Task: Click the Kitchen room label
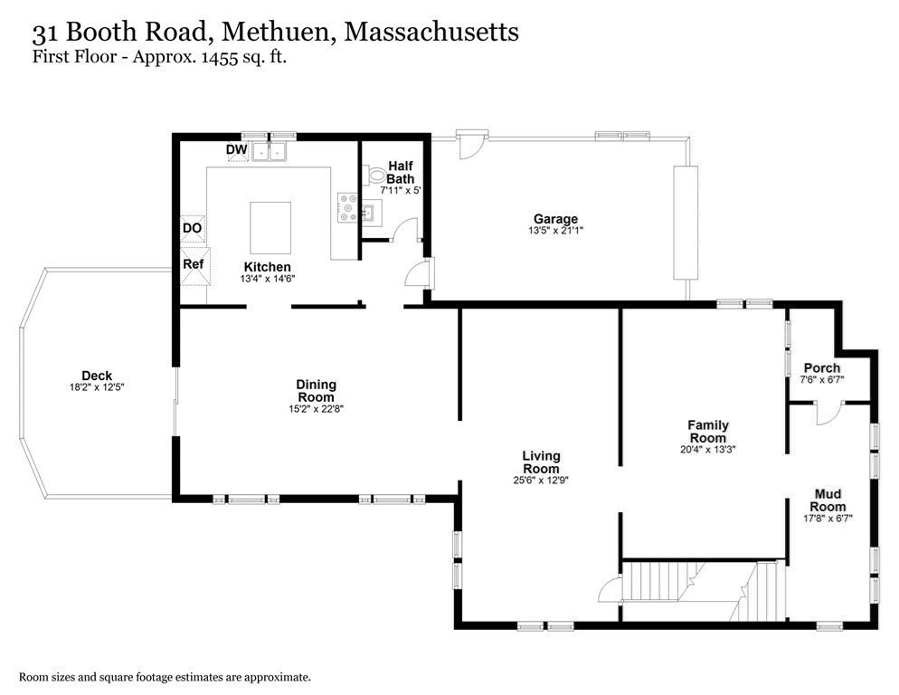(x=267, y=266)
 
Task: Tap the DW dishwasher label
(x=237, y=149)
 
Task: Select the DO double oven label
(x=192, y=228)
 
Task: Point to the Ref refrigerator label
(x=193, y=264)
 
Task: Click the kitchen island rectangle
(x=270, y=228)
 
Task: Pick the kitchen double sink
(x=269, y=151)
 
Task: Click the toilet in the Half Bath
(x=375, y=176)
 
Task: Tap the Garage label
(x=555, y=219)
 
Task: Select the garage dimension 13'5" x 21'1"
(x=555, y=231)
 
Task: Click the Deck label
(x=97, y=376)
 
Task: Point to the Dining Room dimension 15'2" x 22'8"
(x=315, y=409)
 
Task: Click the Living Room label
(x=541, y=462)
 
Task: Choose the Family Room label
(x=707, y=431)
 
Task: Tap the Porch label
(x=821, y=368)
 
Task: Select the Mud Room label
(x=828, y=500)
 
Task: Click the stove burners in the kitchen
(x=345, y=207)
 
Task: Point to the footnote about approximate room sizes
(x=166, y=676)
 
